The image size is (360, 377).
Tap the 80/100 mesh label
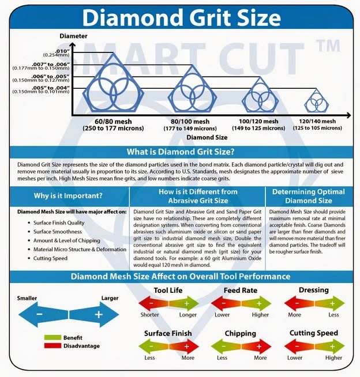click(x=190, y=122)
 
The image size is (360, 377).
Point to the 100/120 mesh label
click(x=258, y=122)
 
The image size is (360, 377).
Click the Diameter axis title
click(x=73, y=36)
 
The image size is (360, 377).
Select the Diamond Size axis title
click(x=207, y=137)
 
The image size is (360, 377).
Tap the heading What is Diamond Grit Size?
click(x=181, y=152)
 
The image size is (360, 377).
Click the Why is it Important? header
click(x=68, y=195)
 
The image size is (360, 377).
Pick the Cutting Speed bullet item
click(x=50, y=258)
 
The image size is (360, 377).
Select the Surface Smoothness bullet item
click(x=58, y=232)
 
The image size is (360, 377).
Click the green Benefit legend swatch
click(x=52, y=337)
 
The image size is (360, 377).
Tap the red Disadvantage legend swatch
click(x=52, y=345)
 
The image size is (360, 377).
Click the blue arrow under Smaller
click(x=43, y=315)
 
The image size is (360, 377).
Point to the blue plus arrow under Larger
click(x=94, y=315)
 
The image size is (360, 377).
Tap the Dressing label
click(x=314, y=290)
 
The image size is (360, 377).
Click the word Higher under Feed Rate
click(x=260, y=315)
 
